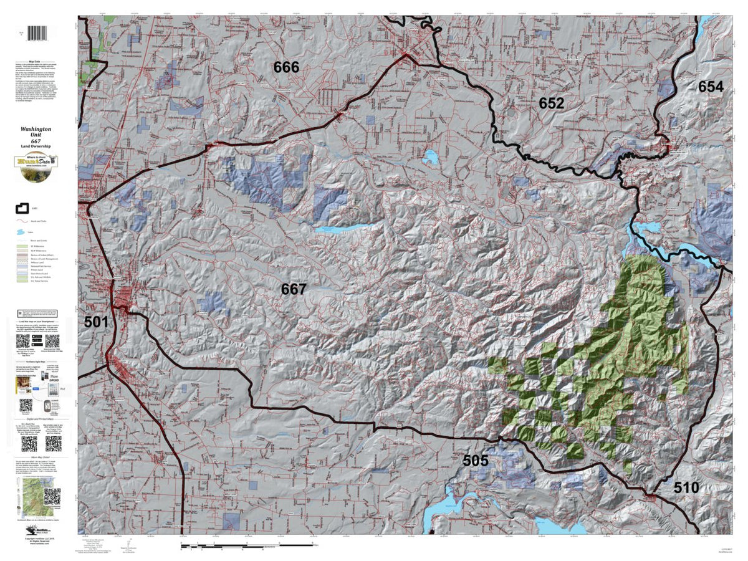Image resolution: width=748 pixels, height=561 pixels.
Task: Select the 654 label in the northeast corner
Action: coord(711,87)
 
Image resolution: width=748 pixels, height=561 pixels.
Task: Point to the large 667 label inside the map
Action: coord(294,289)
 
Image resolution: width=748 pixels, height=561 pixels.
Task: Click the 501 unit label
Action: coord(97,322)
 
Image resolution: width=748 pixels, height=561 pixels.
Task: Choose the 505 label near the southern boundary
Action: coord(476,461)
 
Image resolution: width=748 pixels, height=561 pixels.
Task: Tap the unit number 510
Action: coord(686,487)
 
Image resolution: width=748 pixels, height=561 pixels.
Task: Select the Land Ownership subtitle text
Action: coord(37,146)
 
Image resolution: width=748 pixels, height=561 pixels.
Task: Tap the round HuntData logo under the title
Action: coord(37,161)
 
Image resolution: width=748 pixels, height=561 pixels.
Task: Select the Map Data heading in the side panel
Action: coord(37,62)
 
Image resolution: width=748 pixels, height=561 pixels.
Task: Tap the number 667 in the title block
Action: coord(37,140)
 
